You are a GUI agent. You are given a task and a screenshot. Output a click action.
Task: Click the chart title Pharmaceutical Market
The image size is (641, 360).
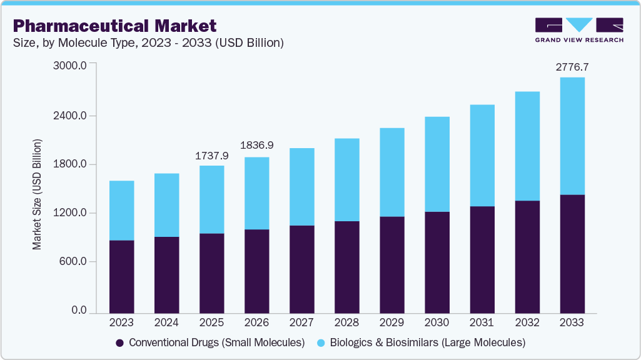tap(114, 26)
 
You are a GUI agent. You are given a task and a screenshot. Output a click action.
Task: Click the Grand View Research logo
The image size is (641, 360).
tap(579, 29)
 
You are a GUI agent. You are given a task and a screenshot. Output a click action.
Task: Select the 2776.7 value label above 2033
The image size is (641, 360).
tap(572, 66)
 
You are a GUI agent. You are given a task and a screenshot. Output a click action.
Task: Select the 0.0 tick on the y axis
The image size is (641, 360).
tap(78, 311)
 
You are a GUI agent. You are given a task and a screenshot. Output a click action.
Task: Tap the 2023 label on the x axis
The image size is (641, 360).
tap(121, 323)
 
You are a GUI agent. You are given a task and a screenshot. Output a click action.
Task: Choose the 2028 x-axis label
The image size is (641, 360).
tap(346, 323)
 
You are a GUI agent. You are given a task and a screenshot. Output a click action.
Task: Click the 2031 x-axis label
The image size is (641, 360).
tap(482, 323)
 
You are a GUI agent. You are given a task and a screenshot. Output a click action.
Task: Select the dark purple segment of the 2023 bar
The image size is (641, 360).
tap(121, 276)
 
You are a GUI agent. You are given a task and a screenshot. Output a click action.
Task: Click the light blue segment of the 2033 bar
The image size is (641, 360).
tap(572, 136)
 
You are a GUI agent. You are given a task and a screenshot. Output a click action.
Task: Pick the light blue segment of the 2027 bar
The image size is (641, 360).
tap(301, 186)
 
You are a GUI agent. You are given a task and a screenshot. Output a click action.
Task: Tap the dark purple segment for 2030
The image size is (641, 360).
tap(437, 262)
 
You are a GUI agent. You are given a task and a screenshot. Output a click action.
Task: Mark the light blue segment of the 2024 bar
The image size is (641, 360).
tap(166, 205)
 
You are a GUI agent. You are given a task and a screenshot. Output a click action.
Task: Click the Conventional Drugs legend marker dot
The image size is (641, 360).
tap(119, 343)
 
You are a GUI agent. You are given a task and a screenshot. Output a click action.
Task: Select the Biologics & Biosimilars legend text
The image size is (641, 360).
tap(428, 343)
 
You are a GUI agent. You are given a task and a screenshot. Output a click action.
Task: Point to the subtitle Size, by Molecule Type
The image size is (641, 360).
tap(148, 43)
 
